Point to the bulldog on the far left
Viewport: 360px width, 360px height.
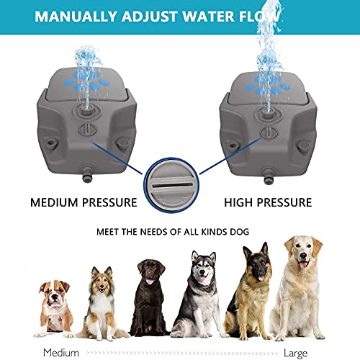tap(55, 308)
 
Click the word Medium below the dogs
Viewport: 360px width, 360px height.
tap(60, 353)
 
